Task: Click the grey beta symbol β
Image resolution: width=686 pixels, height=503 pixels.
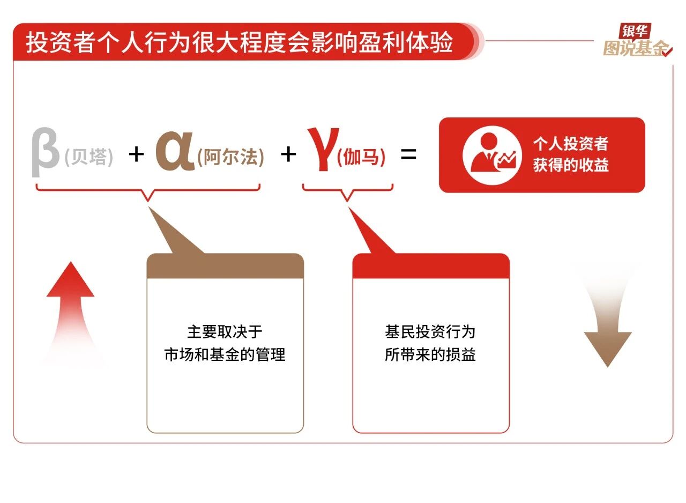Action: tap(44, 152)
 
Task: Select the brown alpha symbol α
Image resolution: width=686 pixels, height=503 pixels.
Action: tap(175, 151)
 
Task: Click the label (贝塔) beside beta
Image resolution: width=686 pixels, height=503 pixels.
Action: tap(89, 158)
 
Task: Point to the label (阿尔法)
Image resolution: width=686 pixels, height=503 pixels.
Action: tap(230, 158)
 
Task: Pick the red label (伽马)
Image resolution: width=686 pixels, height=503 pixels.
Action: tap(361, 158)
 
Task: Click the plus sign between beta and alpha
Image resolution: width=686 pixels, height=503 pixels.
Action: tap(136, 154)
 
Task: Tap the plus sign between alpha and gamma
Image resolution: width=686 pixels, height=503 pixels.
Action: tap(288, 154)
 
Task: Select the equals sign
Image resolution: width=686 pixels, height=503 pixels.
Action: tap(408, 154)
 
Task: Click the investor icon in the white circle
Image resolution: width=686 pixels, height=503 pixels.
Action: tap(493, 156)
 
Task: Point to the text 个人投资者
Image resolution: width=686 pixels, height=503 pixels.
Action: tap(571, 143)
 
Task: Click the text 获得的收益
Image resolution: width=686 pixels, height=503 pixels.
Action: tap(571, 165)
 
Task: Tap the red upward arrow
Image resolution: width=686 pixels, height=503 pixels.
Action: tap(71, 313)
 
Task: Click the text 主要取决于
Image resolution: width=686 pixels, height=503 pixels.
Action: tap(225, 332)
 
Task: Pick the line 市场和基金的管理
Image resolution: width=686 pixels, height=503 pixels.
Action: tap(225, 355)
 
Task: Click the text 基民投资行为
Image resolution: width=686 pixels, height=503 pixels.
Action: tap(430, 332)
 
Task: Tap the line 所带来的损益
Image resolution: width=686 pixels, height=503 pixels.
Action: tap(430, 355)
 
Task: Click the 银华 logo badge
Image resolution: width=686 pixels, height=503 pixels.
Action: tap(635, 31)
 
